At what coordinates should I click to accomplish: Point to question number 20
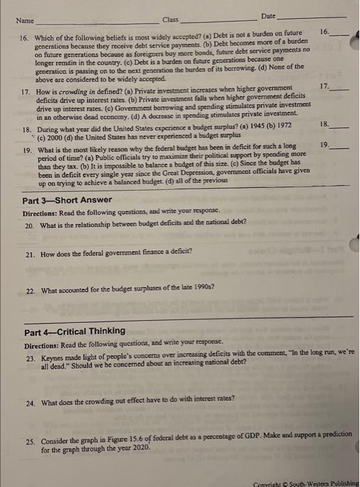pyautogui.click(x=30, y=226)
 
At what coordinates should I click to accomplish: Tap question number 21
pyautogui.click(x=30, y=255)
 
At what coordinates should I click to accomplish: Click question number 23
pyautogui.click(x=30, y=356)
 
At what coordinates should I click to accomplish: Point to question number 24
pyautogui.click(x=30, y=401)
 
